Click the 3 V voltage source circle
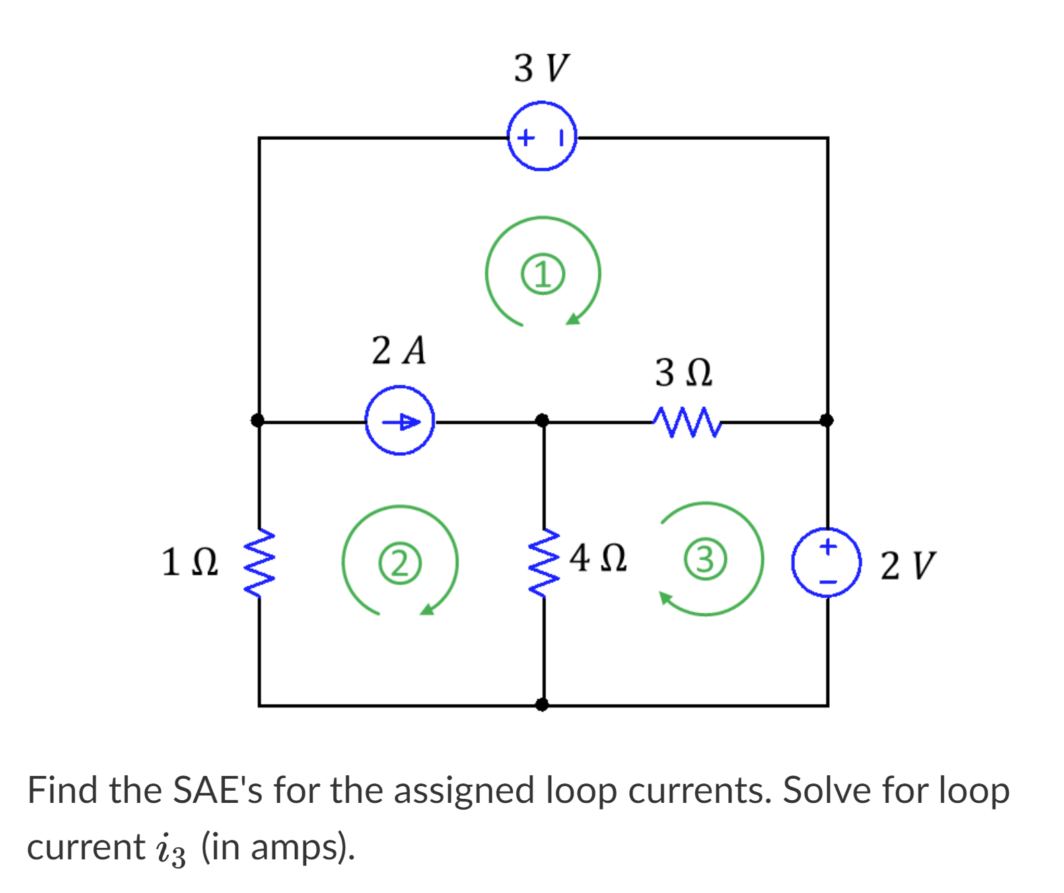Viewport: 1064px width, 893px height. [542, 137]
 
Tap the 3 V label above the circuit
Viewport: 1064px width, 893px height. [540, 68]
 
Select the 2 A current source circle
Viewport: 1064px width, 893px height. [400, 421]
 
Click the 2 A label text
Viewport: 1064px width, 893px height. [398, 350]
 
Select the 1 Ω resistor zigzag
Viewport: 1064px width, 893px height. [259, 562]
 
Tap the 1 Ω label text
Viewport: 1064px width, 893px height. [190, 562]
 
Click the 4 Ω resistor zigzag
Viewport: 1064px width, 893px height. [544, 562]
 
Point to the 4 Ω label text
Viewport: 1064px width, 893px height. [598, 558]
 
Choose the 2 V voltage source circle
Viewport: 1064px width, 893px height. [826, 562]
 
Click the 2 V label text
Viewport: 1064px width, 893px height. [907, 565]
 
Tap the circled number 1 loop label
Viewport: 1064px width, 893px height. [543, 274]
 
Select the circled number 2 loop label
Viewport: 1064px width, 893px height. [400, 563]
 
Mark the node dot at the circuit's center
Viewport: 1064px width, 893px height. [542, 421]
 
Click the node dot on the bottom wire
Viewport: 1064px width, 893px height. [542, 704]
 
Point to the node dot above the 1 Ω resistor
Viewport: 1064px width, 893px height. [258, 421]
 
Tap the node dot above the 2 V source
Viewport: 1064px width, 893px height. [826, 421]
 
